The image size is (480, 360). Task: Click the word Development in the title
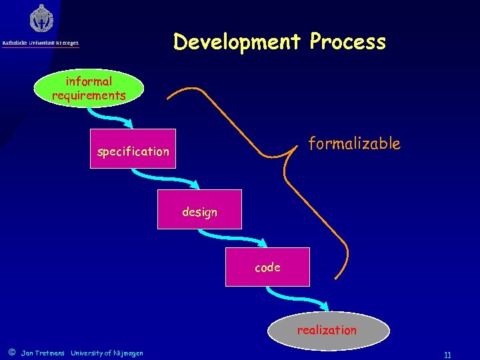pyautogui.click(x=237, y=42)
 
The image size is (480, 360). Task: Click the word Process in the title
pyautogui.click(x=347, y=42)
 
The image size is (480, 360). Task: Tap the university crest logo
pyautogui.click(x=41, y=19)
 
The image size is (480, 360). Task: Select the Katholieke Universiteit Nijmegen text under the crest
pyautogui.click(x=41, y=43)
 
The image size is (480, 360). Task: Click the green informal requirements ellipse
pyautogui.click(x=89, y=89)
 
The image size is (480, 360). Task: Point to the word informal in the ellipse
pyautogui.click(x=89, y=81)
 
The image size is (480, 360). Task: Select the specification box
pyautogui.click(x=133, y=149)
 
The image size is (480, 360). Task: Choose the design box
pyautogui.click(x=199, y=209)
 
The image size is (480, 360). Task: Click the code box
pyautogui.click(x=267, y=267)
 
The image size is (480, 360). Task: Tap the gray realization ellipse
pyautogui.click(x=327, y=330)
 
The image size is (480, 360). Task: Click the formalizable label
pyautogui.click(x=354, y=143)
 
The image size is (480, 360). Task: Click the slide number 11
pyautogui.click(x=447, y=355)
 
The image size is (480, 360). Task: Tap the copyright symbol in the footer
pyautogui.click(x=11, y=352)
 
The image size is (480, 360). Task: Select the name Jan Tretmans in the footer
pyautogui.click(x=43, y=353)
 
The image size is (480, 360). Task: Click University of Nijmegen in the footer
pyautogui.click(x=107, y=353)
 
